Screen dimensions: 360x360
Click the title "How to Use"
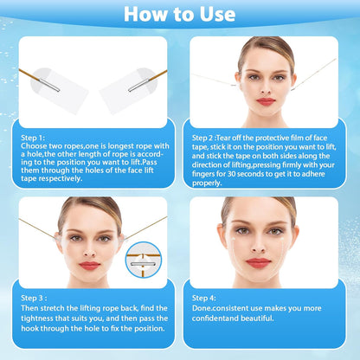[179, 14]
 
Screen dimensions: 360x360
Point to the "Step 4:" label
[203, 297]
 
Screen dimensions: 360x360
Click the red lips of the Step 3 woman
[89, 266]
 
